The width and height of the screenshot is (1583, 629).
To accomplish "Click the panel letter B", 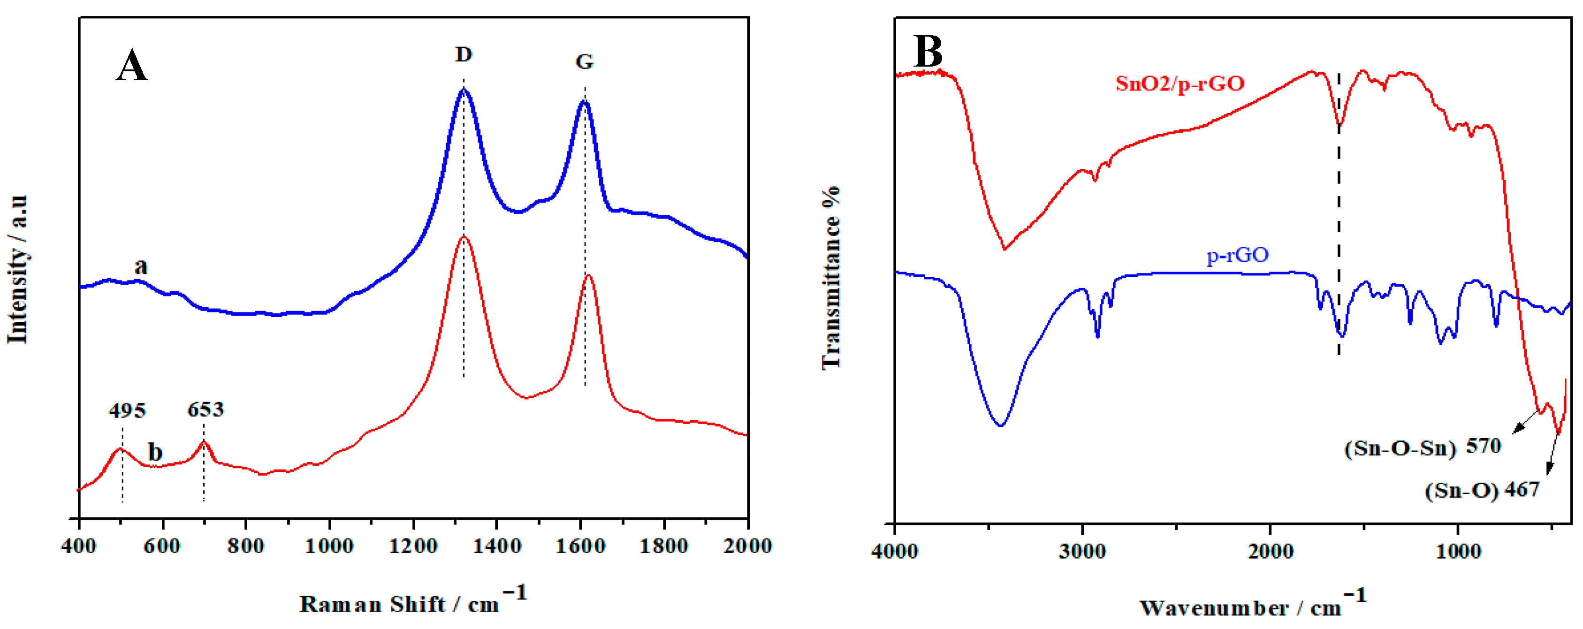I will point(928,52).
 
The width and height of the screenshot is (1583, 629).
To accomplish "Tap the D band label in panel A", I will point(464,55).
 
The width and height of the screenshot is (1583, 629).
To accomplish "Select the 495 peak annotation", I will point(127,410).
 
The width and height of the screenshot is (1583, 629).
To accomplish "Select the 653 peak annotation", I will point(206,409).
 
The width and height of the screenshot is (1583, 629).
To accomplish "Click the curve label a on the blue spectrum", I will point(141,266).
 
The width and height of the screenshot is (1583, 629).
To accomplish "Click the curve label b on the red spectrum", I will point(155,453).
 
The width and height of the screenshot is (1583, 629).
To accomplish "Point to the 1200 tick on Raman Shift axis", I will point(413,546).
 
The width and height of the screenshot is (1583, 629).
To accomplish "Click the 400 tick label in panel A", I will point(79,546).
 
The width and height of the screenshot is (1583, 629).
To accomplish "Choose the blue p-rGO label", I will point(1238,254).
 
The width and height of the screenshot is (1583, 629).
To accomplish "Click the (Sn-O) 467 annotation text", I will point(1482,490).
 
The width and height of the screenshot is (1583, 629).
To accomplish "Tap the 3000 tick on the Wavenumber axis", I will point(1082,551).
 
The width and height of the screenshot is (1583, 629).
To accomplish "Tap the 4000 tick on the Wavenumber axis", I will point(895,551).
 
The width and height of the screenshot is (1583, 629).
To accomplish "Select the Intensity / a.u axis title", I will point(17,270).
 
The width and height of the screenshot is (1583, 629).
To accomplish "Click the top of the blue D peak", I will point(464,91).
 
